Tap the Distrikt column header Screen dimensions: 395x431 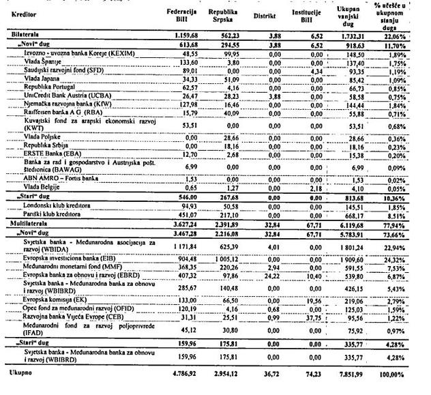pos(263,14)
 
